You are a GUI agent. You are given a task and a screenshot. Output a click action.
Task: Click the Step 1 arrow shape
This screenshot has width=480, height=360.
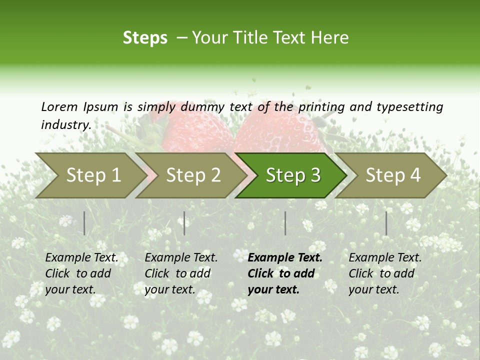[x=90, y=175]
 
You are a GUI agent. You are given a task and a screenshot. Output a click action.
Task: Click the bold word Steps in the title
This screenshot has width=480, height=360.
[x=145, y=38]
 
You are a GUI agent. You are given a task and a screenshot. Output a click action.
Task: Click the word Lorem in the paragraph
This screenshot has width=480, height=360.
[x=59, y=106]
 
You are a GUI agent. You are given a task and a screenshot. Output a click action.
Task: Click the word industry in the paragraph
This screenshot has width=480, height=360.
[x=65, y=124]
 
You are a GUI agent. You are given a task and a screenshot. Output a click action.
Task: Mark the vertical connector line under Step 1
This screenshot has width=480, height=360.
[x=84, y=223]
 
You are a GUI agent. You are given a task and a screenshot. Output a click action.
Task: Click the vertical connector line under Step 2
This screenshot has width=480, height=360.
[x=184, y=223]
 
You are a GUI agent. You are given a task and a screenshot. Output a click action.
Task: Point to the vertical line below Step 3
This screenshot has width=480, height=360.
[x=285, y=223]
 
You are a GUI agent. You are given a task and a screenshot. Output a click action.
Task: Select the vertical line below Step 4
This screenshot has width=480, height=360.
[x=386, y=223]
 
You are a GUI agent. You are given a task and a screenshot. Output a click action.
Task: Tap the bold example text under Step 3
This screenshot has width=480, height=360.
[x=284, y=273]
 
